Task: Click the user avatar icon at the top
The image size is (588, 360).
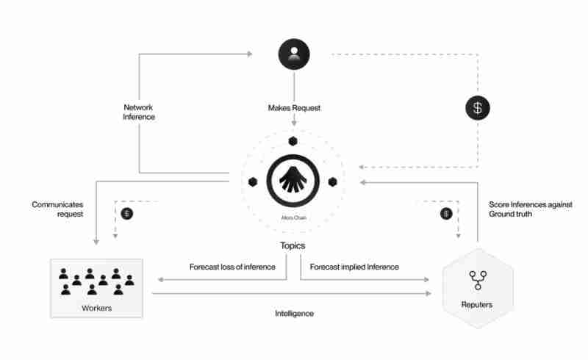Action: [294, 54]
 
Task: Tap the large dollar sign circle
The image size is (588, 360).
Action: [478, 109]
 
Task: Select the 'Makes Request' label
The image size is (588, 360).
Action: [294, 108]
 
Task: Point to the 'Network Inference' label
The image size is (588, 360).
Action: [139, 112]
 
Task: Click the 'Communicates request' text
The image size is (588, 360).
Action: [57, 209]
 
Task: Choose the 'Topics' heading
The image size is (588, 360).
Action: [293, 245]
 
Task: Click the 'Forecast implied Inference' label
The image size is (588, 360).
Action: [354, 267]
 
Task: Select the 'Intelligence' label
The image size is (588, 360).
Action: [293, 313]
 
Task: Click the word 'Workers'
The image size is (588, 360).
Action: [96, 308]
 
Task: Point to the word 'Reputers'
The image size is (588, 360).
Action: [478, 304]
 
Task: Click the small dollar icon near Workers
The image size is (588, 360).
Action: [127, 214]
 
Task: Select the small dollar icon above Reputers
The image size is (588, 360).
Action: [445, 214]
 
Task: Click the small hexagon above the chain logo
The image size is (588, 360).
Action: [293, 141]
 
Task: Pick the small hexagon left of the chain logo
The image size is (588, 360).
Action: [252, 181]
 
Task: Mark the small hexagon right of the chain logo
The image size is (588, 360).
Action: [332, 181]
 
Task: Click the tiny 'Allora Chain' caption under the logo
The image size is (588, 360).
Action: [293, 218]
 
